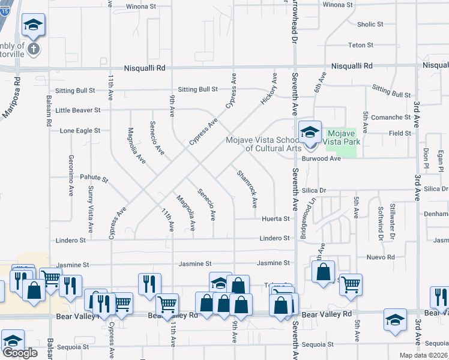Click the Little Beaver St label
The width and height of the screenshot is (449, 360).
(x=78, y=110)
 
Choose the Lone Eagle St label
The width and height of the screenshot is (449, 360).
(x=80, y=130)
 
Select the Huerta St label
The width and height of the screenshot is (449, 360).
(x=276, y=219)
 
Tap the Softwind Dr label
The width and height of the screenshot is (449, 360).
(x=381, y=222)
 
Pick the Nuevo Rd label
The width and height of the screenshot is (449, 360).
(x=382, y=257)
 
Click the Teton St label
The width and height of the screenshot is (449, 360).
(x=361, y=45)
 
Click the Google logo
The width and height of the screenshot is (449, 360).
(x=20, y=353)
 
